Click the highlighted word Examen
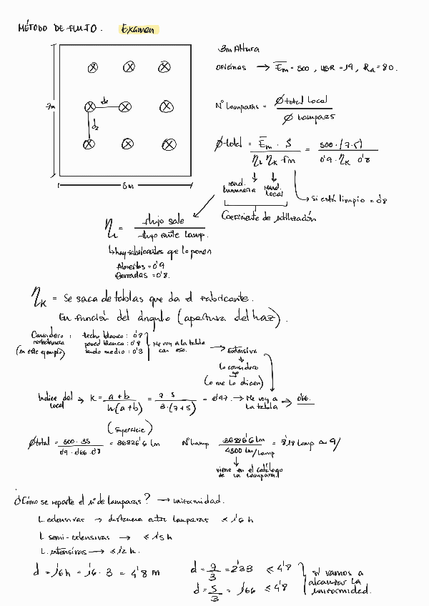(x=139, y=30)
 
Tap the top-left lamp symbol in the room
(x=92, y=68)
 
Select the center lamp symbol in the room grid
(x=126, y=106)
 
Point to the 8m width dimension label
(x=127, y=187)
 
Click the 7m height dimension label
(x=50, y=106)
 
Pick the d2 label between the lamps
(x=95, y=126)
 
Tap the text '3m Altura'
(x=237, y=49)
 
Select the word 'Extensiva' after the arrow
(x=244, y=351)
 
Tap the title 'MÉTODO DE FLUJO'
(x=60, y=29)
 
